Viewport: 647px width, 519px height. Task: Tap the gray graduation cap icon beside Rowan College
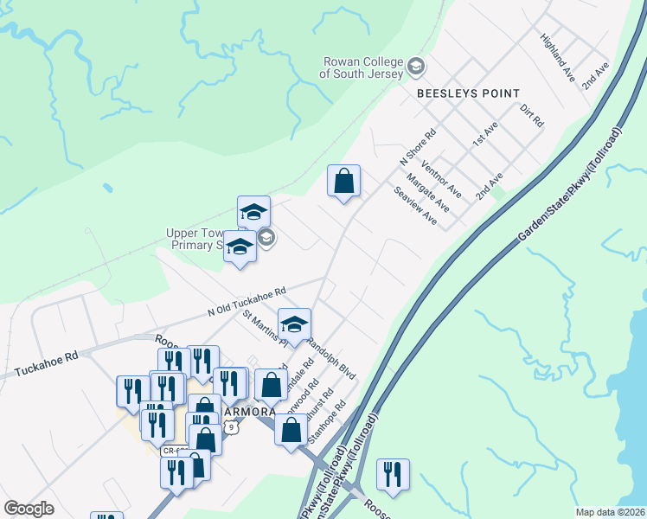[x=416, y=67]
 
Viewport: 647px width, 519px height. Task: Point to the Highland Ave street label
[x=558, y=58]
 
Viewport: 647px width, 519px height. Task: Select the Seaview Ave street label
[x=415, y=208]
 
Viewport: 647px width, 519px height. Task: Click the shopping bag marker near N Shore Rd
[x=343, y=182]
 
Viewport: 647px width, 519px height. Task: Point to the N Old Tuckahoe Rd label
[x=247, y=302]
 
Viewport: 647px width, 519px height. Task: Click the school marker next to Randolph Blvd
[x=294, y=324]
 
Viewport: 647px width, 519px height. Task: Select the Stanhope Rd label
[x=328, y=420]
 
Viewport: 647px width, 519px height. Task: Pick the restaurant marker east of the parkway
[x=393, y=474]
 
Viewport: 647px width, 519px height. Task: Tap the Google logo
[x=29, y=509]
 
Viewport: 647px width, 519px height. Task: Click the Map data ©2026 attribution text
[x=610, y=512]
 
